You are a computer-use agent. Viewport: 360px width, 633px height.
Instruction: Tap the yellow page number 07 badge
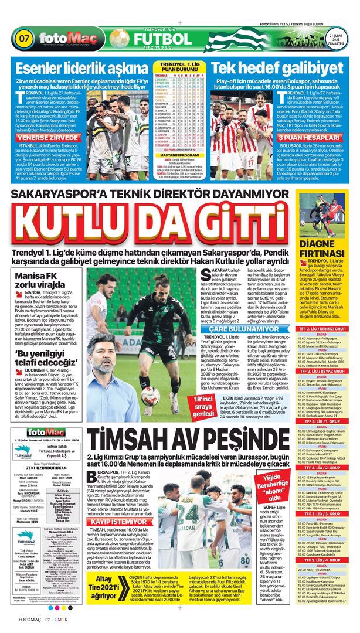point(25,39)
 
